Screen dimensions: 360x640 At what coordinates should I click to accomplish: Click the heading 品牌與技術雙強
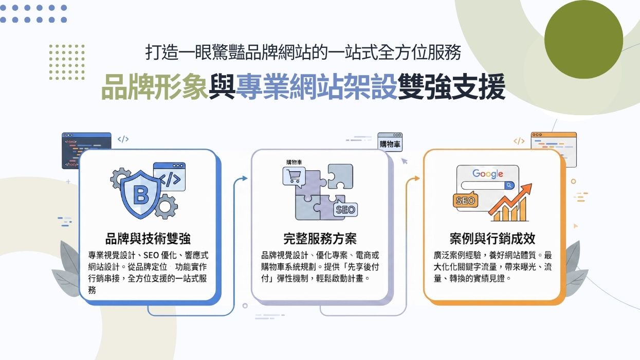coord(148,239)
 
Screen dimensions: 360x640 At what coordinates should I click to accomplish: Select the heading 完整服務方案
coord(320,239)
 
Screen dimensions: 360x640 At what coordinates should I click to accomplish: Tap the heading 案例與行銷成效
coord(492,239)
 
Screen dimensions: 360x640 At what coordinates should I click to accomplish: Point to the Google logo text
coord(488,173)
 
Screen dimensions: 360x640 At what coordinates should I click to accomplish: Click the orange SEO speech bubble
coord(465,201)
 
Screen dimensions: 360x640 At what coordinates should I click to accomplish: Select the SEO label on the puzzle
coord(345,209)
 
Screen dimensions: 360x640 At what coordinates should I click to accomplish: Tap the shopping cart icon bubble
coord(294,177)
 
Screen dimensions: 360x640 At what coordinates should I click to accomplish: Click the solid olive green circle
coord(583,40)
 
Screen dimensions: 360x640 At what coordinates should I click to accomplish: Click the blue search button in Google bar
coord(509,186)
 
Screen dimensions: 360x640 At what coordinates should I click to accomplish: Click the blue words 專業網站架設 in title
coord(317,87)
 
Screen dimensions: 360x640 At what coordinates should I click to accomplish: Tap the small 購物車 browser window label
coord(390,143)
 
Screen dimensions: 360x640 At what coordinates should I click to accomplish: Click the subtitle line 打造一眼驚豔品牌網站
coord(303,53)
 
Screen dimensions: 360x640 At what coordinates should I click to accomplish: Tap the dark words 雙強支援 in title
coord(452,87)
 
